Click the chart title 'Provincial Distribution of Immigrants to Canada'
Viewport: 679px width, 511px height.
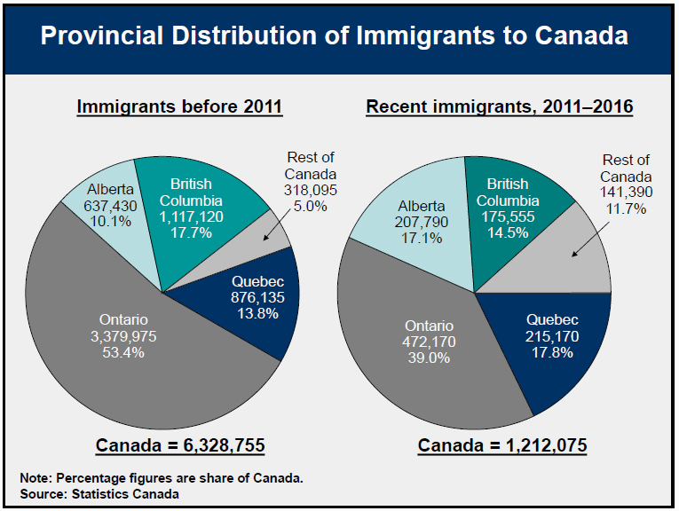[x=335, y=36]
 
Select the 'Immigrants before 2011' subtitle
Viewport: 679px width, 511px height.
[x=179, y=107]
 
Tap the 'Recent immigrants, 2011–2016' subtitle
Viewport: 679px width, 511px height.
[x=500, y=107]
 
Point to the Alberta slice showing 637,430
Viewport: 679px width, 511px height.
[x=110, y=204]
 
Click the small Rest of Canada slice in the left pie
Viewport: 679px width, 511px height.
[x=270, y=233]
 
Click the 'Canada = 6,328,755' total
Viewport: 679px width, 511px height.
[x=180, y=444]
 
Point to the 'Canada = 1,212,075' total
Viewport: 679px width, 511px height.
[x=502, y=444]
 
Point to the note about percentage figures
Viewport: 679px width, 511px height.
[x=162, y=478]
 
